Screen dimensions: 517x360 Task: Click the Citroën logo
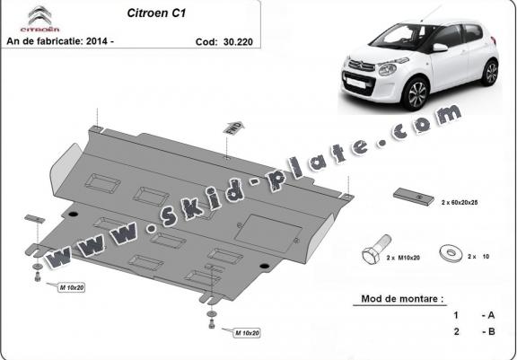coord(39,19)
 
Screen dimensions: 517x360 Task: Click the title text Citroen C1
coord(156,13)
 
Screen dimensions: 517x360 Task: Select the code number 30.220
coord(238,42)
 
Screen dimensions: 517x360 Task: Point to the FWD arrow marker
coord(233,127)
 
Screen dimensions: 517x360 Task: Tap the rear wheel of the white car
coord(490,73)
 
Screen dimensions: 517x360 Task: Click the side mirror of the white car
coord(440,48)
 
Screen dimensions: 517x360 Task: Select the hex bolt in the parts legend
coord(377,249)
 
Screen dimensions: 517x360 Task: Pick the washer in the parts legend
coord(451,252)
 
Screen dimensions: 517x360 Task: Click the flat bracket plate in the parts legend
coord(414,197)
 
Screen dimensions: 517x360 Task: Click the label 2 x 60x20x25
coord(460,202)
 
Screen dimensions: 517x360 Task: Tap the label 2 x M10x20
coord(403,258)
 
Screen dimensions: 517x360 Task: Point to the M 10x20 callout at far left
coord(72,288)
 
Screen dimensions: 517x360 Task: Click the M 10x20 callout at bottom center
coord(247,333)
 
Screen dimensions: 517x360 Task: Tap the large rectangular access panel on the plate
coord(267,233)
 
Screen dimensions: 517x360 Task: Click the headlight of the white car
coord(388,69)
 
